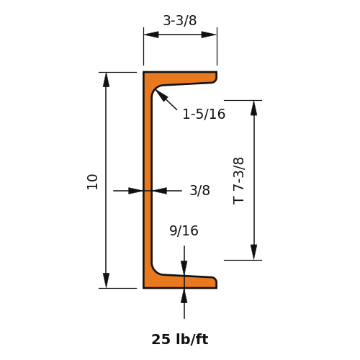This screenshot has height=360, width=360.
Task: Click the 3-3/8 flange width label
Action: [180, 20]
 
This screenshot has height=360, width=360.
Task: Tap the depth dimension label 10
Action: [92, 182]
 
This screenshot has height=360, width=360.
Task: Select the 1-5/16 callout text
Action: [204, 114]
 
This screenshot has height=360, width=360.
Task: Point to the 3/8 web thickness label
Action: [199, 190]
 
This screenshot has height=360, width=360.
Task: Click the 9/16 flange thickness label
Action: [184, 230]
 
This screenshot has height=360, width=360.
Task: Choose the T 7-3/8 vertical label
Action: [238, 181]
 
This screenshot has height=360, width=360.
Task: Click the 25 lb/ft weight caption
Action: [180, 339]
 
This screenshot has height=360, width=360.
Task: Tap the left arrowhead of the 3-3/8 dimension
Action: [151, 35]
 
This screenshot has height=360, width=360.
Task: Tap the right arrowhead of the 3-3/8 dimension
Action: [209, 35]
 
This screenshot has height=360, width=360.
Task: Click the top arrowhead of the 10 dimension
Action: [106, 80]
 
